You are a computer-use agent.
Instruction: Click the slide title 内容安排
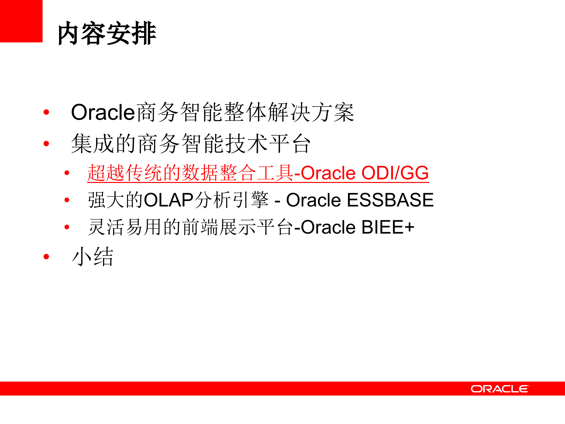click(x=107, y=33)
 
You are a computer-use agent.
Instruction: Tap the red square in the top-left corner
click(x=21, y=21)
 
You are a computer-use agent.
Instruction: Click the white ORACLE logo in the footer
click(x=500, y=389)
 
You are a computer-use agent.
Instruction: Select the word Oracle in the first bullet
click(x=103, y=112)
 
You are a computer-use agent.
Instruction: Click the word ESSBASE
click(x=390, y=200)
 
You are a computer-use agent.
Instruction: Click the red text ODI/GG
click(x=395, y=173)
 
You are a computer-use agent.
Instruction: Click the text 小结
click(x=92, y=257)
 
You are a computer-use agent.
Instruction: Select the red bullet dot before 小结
click(x=46, y=257)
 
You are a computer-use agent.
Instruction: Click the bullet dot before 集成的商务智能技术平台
click(x=46, y=144)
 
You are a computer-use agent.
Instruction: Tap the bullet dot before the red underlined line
click(x=67, y=173)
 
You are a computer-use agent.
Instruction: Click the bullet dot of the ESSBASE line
click(x=67, y=200)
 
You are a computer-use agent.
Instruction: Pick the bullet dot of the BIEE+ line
click(x=67, y=227)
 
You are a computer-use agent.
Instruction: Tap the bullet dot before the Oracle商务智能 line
click(x=46, y=112)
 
